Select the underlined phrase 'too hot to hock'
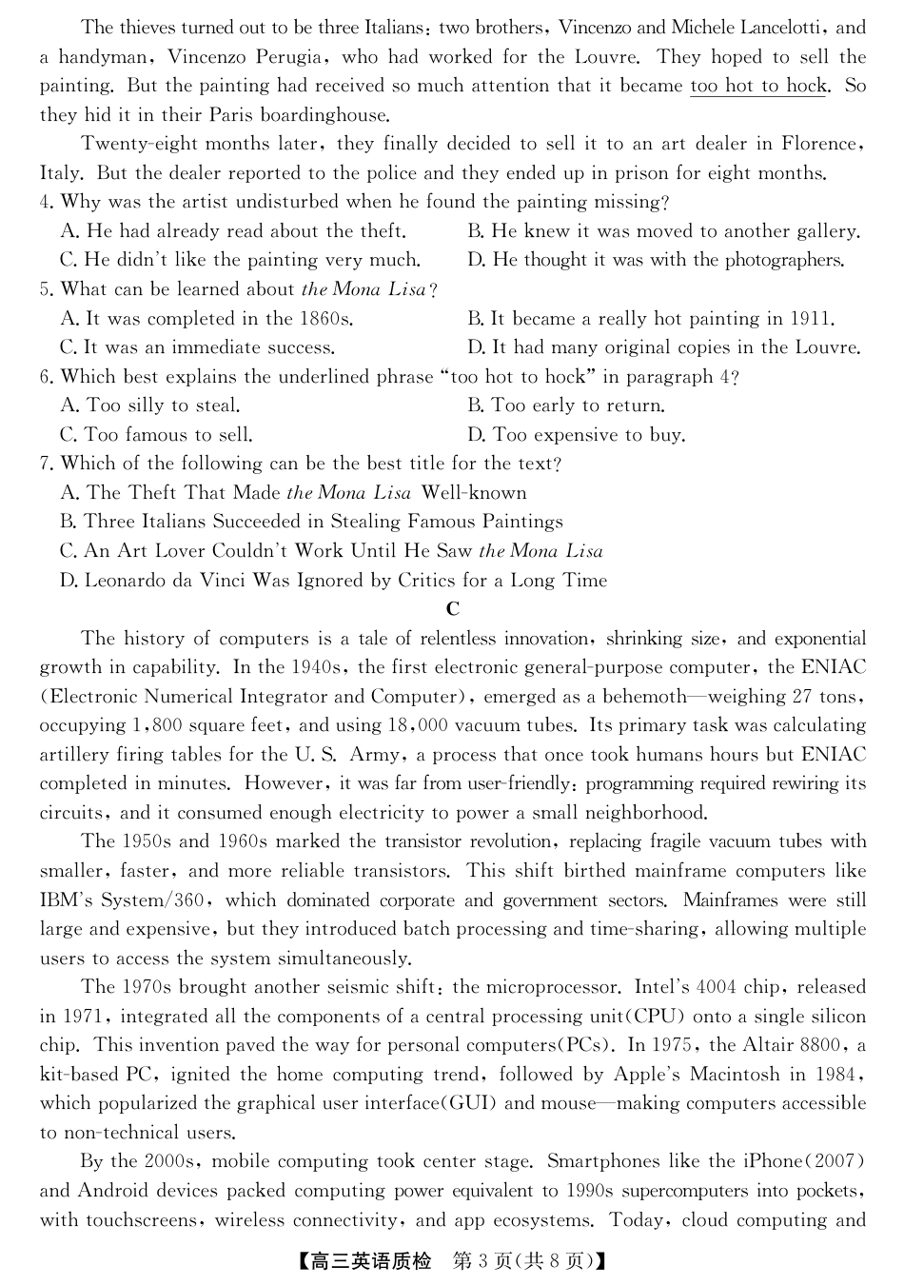tap(758, 86)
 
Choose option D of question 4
tap(656, 260)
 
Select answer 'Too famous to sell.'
tap(156, 435)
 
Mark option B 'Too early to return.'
tap(566, 405)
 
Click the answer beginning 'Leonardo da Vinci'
tap(333, 581)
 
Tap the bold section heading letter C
tap(452, 609)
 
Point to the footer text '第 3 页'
tap(481, 1262)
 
